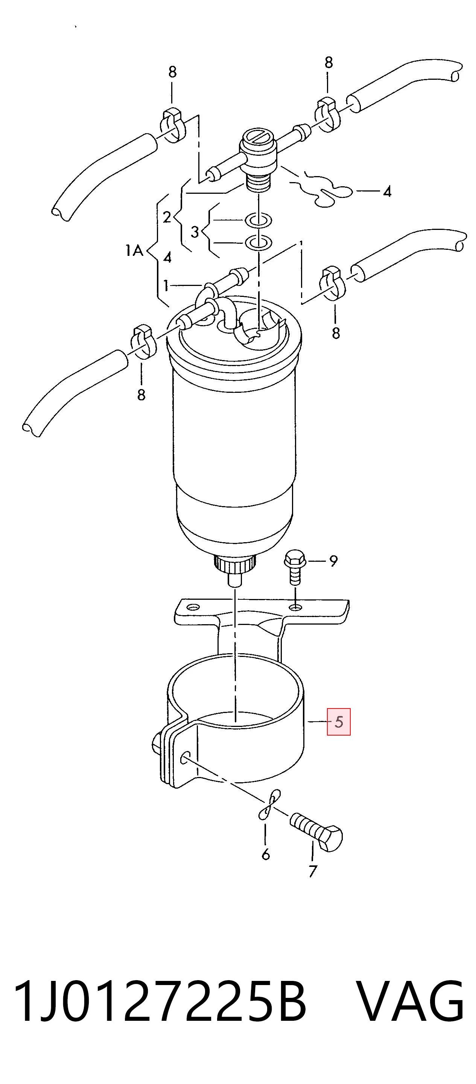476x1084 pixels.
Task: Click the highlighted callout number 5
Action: click(339, 722)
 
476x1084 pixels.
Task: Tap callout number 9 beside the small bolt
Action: click(333, 561)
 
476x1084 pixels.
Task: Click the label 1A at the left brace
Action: click(134, 251)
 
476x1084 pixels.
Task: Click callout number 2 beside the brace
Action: click(167, 217)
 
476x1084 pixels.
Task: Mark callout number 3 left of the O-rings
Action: click(195, 231)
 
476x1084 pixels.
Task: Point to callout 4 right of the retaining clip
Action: click(387, 192)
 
